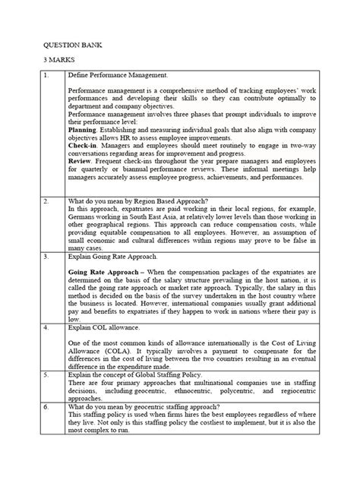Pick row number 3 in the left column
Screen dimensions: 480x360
pos(47,257)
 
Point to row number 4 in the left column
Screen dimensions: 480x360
pos(47,327)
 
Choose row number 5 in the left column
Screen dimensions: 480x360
pos(47,374)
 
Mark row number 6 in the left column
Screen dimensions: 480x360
pos(47,406)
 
